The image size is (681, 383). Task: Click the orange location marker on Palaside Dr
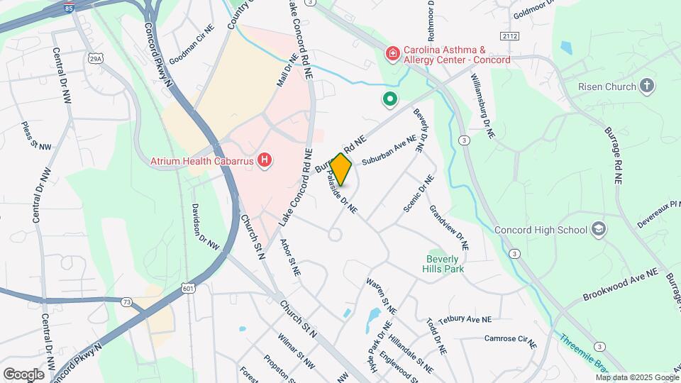coord(340,170)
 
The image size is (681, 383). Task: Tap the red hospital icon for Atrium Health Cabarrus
coord(265,161)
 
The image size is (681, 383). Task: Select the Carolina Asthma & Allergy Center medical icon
coord(392,54)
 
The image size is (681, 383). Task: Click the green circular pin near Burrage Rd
coord(389,100)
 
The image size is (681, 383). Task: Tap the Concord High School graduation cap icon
coord(599,229)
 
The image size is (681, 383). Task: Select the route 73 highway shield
coord(126,301)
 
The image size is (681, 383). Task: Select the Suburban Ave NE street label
coord(388,152)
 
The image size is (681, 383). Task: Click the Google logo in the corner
coord(23,374)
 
